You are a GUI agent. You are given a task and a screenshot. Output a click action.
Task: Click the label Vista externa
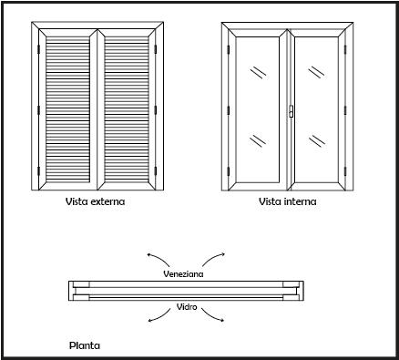95,201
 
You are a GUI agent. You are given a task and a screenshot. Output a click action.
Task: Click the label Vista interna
288,201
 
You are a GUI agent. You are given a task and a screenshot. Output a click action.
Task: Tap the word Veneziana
183,273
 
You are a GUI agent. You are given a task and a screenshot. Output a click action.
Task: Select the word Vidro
187,307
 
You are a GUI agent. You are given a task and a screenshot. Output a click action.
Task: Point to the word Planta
85,345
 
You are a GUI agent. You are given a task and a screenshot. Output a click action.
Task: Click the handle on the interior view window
291,111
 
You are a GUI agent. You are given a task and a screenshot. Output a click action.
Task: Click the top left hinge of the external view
38,49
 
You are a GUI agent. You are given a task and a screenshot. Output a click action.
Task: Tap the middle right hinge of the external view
156,110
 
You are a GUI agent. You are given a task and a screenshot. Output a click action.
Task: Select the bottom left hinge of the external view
38,171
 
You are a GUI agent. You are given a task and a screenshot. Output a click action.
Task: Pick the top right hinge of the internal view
345,50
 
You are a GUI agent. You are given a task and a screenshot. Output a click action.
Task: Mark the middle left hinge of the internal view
228,110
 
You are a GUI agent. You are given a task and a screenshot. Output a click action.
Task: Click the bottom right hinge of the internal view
345,171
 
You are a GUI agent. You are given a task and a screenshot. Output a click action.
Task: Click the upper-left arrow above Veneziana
158,258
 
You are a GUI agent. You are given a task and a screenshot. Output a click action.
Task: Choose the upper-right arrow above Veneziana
213,258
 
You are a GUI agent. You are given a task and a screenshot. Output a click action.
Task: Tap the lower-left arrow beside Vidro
159,317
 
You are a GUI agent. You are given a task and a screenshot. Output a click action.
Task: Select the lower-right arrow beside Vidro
212,317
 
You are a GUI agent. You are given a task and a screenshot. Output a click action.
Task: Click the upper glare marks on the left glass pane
258,73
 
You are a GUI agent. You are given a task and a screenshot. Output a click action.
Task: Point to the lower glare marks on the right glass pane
317,141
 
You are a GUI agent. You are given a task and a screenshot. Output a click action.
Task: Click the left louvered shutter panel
67,110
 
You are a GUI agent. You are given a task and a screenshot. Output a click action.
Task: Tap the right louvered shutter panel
127,110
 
